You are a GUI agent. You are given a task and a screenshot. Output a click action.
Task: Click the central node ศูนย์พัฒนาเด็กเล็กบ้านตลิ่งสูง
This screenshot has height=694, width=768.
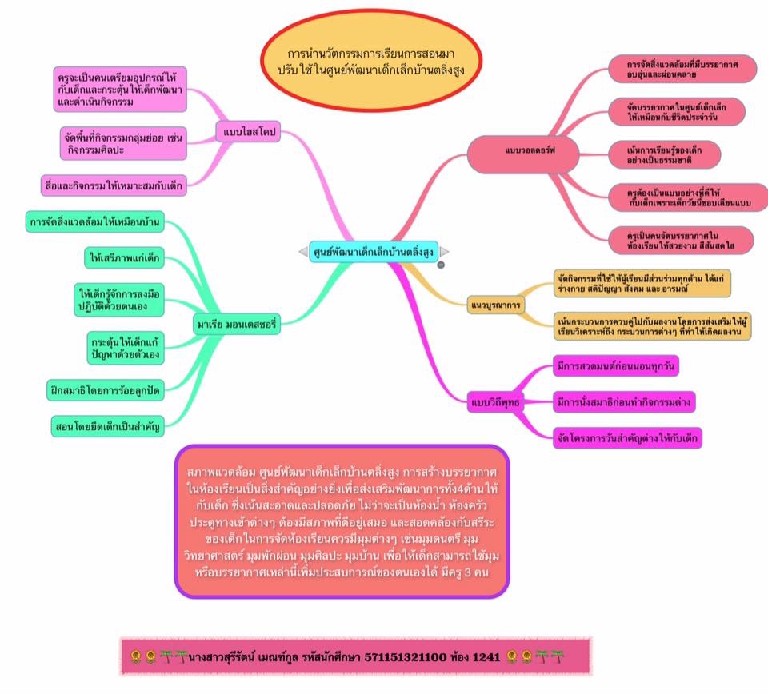point(373,250)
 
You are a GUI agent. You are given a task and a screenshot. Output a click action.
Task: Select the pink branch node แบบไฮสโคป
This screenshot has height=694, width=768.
point(249,133)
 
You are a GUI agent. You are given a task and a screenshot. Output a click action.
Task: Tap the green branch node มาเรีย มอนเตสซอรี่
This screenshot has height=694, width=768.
point(238,323)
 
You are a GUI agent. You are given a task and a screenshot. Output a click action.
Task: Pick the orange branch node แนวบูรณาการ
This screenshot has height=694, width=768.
point(494,305)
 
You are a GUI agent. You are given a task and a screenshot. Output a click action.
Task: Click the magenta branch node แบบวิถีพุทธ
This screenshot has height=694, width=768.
point(494,401)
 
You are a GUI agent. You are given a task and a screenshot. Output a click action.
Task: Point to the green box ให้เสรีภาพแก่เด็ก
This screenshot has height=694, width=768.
point(123,257)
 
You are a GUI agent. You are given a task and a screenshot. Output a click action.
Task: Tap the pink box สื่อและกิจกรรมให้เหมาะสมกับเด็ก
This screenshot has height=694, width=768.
point(114,185)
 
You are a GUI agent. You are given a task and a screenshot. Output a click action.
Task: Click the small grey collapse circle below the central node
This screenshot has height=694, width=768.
point(441,265)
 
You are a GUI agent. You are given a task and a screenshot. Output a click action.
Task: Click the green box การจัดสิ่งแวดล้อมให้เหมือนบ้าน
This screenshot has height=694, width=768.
point(94,221)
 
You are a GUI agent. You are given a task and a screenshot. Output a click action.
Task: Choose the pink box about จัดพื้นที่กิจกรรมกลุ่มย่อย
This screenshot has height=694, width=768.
point(123,143)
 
